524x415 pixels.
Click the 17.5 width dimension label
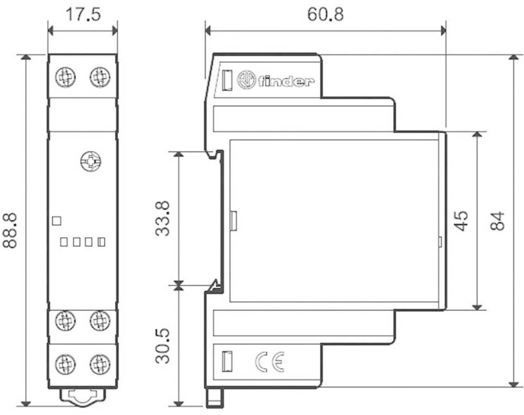pos(82,14)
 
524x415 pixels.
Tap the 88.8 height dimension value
pos(11,230)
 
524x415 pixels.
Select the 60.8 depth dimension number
pos(325,14)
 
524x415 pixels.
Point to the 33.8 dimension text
pos(163,219)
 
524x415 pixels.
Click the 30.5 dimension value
pos(163,346)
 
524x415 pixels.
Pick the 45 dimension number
pos(461,221)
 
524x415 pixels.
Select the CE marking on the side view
pos(269,362)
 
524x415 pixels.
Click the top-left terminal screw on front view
pos(65,78)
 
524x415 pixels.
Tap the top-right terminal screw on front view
pos(100,78)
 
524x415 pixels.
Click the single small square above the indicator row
pos(57,221)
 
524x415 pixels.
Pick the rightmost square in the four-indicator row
pos(102,242)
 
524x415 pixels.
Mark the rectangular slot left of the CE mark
pos(227,361)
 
